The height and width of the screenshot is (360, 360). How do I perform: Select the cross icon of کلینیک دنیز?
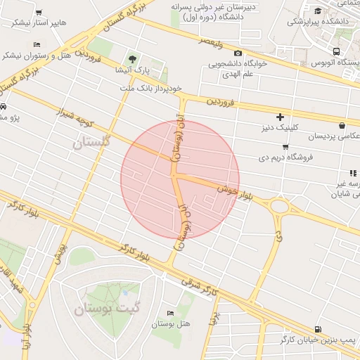pos(281,117)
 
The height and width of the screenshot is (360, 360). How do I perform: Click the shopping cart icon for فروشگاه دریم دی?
pos(284,146)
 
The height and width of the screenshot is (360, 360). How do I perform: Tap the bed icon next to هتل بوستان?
pos(170,312)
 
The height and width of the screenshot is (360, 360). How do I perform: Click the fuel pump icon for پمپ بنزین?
pos(319,328)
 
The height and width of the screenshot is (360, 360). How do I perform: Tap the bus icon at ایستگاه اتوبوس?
pos(337,51)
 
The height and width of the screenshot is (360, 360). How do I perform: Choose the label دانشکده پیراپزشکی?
pos(319,22)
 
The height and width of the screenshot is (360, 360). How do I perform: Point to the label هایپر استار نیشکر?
pos(39,22)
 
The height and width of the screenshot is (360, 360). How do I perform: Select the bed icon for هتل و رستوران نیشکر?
pos(37,45)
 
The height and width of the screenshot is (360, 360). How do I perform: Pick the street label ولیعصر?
pos(210,41)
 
